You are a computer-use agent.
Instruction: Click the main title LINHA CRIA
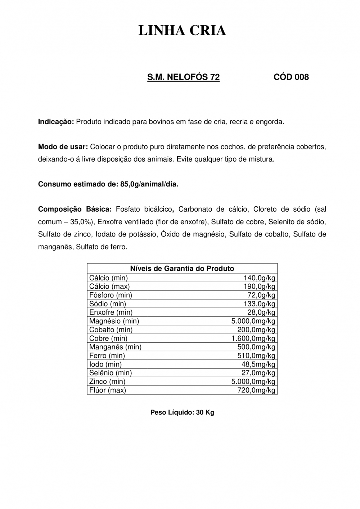pos(182,31)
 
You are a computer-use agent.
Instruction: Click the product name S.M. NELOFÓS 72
pos(184,77)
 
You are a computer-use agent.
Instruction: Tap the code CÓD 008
pos(291,77)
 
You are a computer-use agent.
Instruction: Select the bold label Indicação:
pos(56,122)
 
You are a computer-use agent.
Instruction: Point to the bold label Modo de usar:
pos(63,147)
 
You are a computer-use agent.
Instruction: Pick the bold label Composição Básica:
pos(75,209)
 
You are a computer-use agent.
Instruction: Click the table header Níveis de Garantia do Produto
pos(182,269)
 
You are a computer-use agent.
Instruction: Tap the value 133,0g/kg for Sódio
pos(260,304)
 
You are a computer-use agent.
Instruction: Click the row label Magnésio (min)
pos(114,321)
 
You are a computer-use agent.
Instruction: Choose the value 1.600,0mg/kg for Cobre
pos(253,338)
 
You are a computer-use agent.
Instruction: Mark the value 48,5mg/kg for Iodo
pos(258,364)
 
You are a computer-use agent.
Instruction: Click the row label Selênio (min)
pos(111,373)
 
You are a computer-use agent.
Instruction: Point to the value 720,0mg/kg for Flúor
pos(256,390)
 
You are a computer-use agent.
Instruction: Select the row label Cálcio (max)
pos(109,287)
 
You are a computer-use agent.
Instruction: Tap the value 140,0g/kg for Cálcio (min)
pos(260,278)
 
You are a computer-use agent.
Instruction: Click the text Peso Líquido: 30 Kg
pos(182,413)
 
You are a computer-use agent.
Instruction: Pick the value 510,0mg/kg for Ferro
pos(256,356)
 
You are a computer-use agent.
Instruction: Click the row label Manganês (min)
pos(115,347)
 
